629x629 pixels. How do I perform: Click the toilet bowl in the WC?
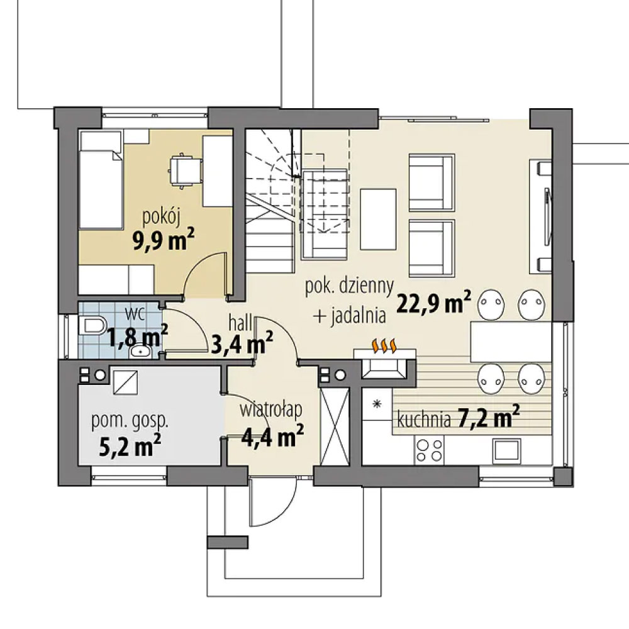[92, 325]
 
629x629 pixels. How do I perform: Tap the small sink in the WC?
[140, 352]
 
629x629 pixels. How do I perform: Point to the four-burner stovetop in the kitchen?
[430, 450]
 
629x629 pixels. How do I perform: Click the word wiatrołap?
[271, 410]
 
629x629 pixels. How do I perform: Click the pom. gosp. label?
[130, 421]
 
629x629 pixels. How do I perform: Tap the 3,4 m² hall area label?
[242, 343]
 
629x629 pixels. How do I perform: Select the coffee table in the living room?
[378, 219]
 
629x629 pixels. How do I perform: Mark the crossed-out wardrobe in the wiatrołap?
[335, 427]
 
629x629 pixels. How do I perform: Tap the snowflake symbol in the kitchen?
[377, 404]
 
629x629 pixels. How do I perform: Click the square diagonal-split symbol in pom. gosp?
[126, 382]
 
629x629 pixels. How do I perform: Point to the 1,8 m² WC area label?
[136, 335]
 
